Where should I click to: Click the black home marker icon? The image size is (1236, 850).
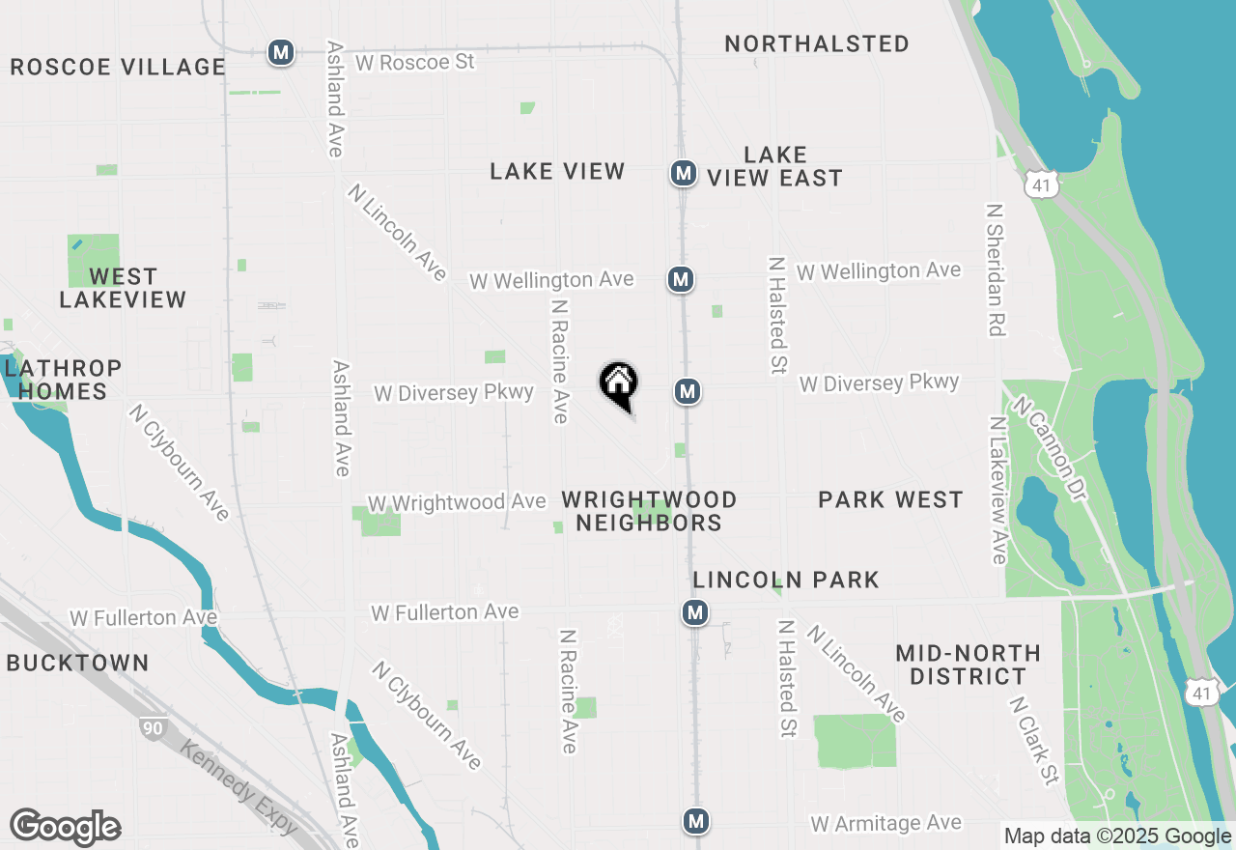(x=618, y=383)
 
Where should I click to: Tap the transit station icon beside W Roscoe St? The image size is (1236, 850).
(x=281, y=52)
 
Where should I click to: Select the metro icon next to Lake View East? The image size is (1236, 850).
(x=684, y=174)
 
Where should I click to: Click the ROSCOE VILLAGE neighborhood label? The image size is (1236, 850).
(x=118, y=67)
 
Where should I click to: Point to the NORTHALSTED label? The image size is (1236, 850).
(x=817, y=43)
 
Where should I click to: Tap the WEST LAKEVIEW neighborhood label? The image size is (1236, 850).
(x=123, y=288)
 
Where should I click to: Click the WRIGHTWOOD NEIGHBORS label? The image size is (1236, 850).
(x=650, y=511)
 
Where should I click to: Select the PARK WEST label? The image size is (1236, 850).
(x=890, y=499)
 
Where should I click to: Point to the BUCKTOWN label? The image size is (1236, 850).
(x=77, y=663)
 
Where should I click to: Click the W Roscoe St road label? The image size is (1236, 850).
(x=415, y=62)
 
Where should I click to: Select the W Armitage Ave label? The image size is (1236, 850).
(x=885, y=823)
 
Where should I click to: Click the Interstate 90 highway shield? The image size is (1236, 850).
(x=152, y=729)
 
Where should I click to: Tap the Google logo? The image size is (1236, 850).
(x=65, y=828)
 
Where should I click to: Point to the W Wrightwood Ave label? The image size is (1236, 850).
(x=457, y=502)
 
